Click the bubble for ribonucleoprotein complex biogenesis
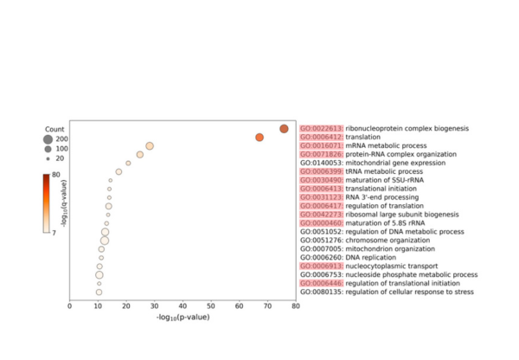(284, 129)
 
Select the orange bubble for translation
(259, 138)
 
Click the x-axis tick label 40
(183, 305)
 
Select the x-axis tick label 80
(296, 305)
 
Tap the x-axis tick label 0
(70, 305)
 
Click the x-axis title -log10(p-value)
(183, 317)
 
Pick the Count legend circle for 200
(48, 139)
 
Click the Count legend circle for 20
(48, 158)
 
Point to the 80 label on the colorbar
(55, 175)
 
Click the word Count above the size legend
(55, 128)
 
